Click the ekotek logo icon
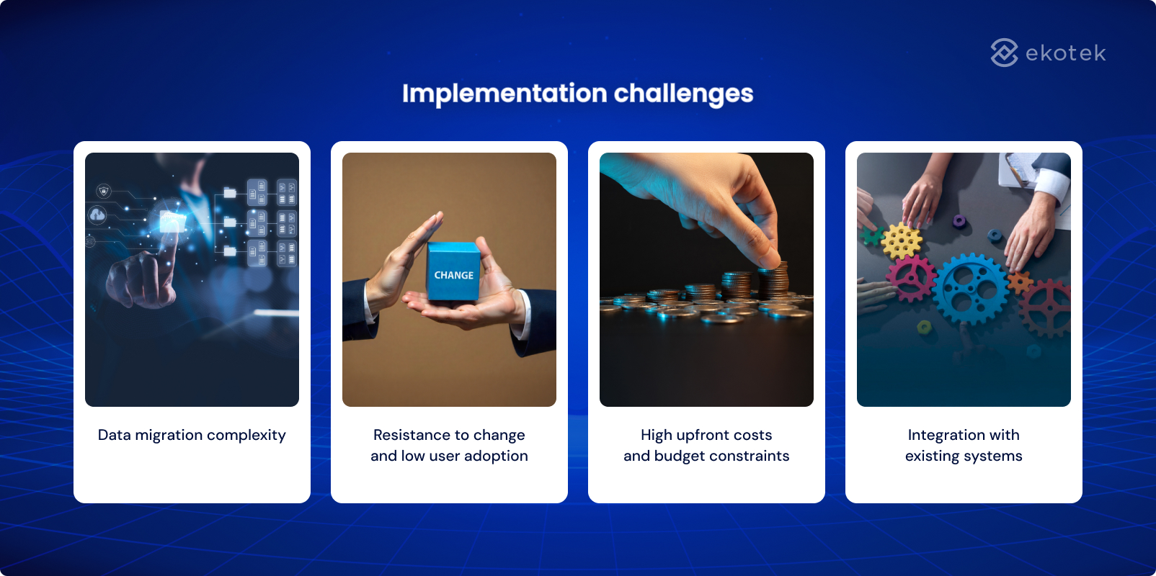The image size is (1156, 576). coord(1004,53)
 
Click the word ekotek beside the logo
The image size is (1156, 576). coord(1065,53)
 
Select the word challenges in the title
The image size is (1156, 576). coord(683,94)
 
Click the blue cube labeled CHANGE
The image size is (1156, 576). coord(453,271)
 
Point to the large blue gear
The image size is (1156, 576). coord(971,289)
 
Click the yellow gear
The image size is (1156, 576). coord(901,240)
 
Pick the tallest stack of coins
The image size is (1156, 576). coord(775,281)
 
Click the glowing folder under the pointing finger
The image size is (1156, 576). coord(172,222)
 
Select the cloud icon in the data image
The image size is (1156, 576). coord(97,215)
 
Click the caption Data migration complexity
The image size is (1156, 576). coord(192,435)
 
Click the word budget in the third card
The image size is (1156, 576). coord(680,456)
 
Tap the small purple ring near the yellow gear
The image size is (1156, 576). coord(959,220)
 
